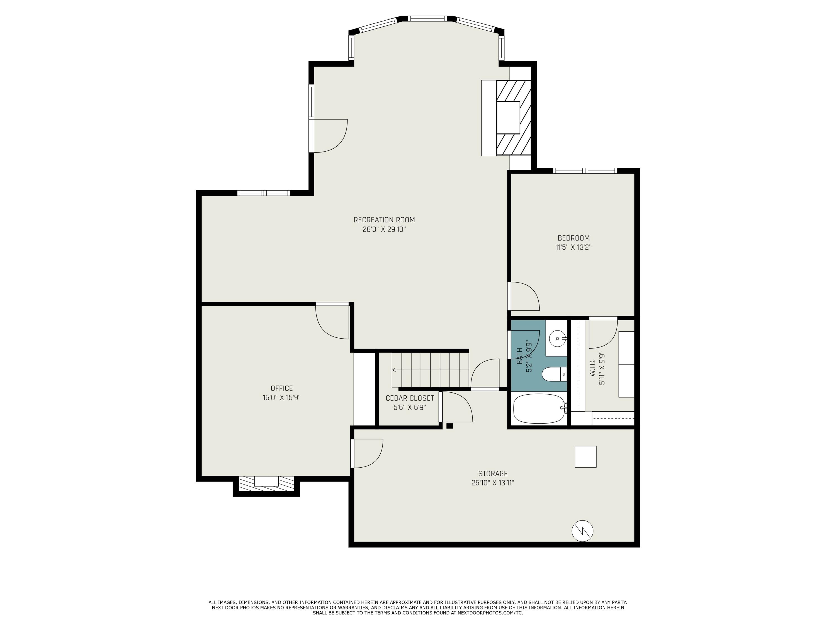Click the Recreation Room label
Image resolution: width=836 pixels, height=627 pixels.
[384, 220]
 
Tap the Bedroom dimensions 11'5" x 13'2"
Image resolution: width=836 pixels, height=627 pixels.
[573, 247]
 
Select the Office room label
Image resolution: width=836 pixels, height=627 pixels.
[281, 388]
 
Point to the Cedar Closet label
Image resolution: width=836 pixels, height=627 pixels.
[410, 398]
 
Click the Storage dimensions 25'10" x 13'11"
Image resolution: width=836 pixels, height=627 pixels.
[492, 483]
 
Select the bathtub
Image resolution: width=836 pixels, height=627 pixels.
[539, 409]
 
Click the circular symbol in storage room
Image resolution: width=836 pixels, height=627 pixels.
[582, 531]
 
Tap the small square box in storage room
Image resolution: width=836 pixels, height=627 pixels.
[585, 456]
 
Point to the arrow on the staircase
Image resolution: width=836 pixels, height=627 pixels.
[394, 370]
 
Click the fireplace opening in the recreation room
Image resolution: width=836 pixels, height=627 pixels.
[508, 118]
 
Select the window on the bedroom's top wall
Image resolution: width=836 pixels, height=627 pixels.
[585, 171]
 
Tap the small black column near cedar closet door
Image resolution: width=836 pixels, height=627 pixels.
[449, 426]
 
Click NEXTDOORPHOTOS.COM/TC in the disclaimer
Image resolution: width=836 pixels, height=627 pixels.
[490, 613]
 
